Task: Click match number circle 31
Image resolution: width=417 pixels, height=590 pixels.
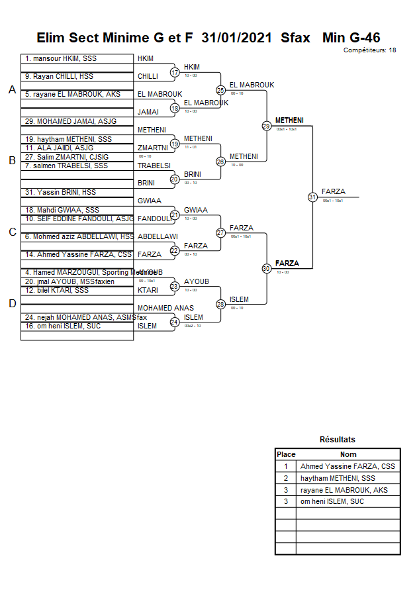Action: coord(312,197)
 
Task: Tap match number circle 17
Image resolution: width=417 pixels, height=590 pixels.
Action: coord(175,72)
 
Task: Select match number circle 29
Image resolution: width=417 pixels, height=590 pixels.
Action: coord(266,126)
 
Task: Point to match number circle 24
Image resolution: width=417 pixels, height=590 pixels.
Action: coord(175,322)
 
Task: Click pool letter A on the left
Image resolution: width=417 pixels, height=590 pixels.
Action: coord(12,90)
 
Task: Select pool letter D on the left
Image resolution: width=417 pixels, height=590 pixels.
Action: coord(12,304)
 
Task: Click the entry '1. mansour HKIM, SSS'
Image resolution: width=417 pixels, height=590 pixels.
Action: coord(61,59)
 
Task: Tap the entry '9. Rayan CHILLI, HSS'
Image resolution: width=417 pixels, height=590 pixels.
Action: coord(59,77)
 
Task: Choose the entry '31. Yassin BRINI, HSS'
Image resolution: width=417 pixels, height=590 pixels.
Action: coord(60,193)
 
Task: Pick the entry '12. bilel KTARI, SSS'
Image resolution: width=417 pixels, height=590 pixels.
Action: coord(56,291)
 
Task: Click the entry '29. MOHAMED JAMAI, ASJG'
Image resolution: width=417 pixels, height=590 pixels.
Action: coord(70,121)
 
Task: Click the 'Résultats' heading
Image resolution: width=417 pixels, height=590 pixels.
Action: coord(337,440)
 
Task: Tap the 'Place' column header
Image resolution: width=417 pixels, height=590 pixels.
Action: coord(286,455)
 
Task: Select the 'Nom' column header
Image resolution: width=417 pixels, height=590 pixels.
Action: coord(348,455)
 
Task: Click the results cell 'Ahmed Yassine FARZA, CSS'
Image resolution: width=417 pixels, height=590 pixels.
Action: coord(347,467)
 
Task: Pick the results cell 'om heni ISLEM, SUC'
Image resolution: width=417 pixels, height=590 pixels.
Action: coord(332,502)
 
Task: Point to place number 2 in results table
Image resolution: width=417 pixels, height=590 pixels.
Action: coord(286,479)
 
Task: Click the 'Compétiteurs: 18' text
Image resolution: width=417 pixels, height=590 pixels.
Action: coord(370,50)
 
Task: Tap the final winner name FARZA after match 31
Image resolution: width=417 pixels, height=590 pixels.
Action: coord(333,192)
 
